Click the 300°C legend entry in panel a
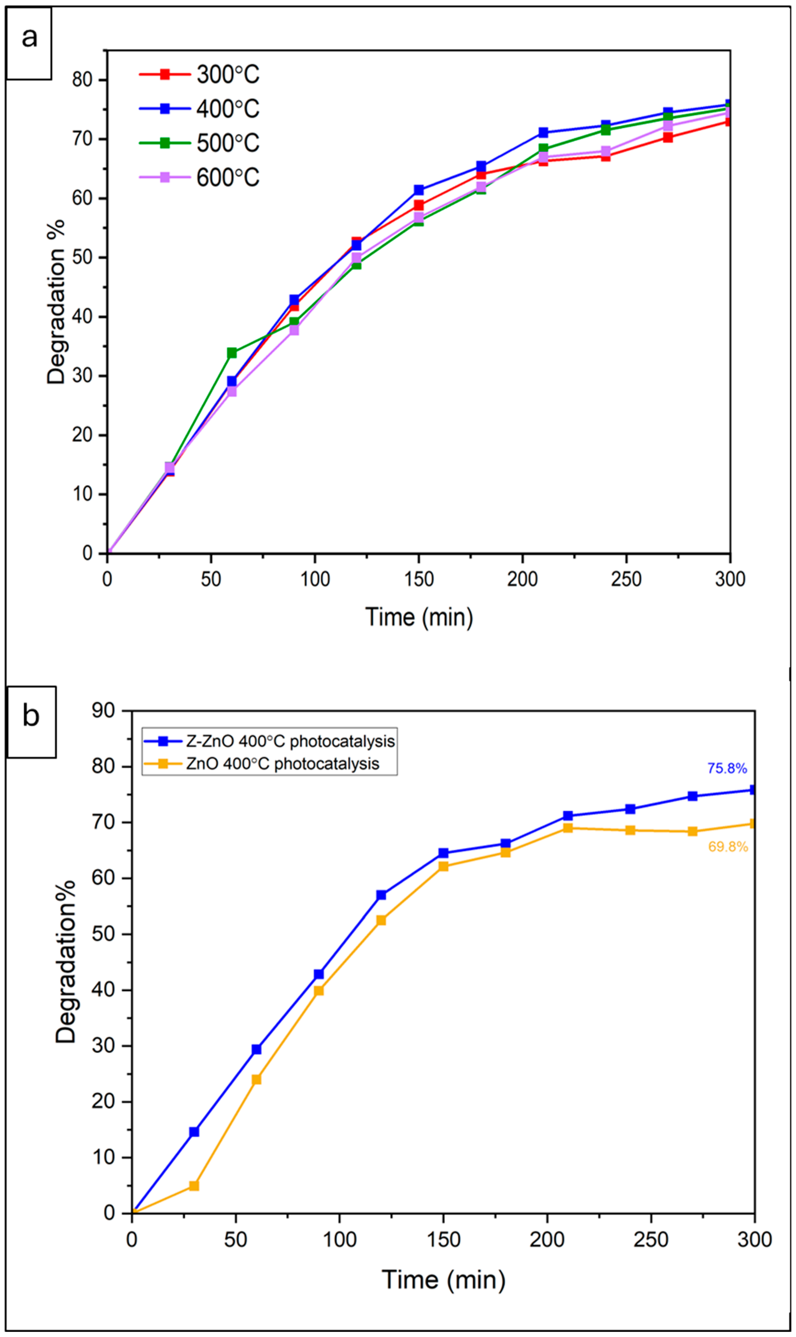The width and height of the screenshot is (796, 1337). click(x=199, y=75)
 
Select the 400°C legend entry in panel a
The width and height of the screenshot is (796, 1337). click(x=199, y=109)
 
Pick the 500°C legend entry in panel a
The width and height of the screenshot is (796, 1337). click(x=199, y=143)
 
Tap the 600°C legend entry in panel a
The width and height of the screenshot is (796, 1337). click(x=199, y=178)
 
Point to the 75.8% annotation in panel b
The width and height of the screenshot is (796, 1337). click(x=727, y=768)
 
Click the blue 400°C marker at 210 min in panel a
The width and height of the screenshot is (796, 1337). click(x=543, y=132)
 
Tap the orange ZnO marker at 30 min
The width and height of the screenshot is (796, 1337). click(x=194, y=1185)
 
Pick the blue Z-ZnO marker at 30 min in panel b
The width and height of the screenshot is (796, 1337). click(x=194, y=1132)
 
